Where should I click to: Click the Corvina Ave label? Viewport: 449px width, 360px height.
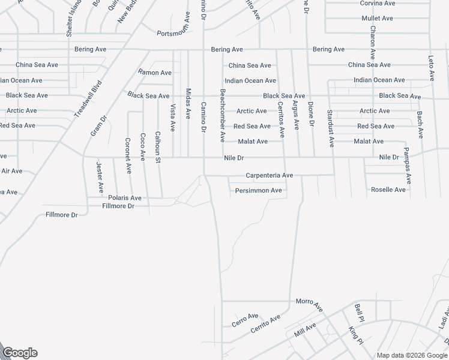(378, 3)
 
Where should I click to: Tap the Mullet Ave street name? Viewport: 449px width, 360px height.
(378, 19)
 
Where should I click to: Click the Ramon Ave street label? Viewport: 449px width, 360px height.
(155, 73)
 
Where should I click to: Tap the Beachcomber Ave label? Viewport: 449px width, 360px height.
(222, 115)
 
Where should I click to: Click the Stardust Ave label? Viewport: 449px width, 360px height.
(330, 128)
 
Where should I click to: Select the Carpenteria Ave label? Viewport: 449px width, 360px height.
(269, 175)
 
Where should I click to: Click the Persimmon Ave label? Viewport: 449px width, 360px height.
(259, 191)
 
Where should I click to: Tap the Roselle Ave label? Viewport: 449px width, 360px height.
(389, 190)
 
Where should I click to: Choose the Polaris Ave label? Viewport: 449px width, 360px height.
(125, 197)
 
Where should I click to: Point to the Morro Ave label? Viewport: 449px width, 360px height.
(310, 304)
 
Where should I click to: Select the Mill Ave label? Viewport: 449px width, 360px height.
(305, 330)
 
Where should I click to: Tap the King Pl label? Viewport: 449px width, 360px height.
(356, 336)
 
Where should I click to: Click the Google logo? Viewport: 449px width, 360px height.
(19, 353)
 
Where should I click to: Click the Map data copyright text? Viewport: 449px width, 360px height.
(412, 355)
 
